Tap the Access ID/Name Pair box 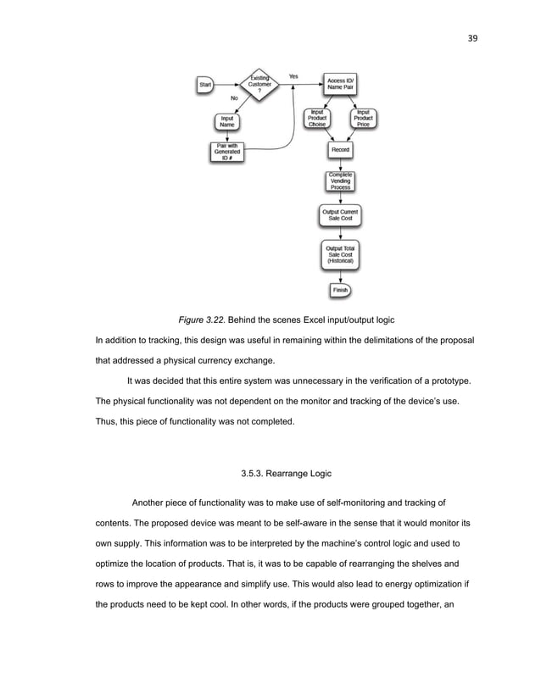click(340, 85)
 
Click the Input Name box click(227, 121)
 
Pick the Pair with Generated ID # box click(227, 153)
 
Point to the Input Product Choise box click(316, 118)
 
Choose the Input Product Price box click(364, 118)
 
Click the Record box click(340, 150)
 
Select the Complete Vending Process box click(340, 181)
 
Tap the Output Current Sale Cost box click(340, 214)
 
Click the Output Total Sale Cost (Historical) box click(340, 253)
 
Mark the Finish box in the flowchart click(340, 290)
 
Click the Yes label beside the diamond click(293, 76)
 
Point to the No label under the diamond click(233, 97)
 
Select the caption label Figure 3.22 click(204, 320)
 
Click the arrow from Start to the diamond click(227, 85)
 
